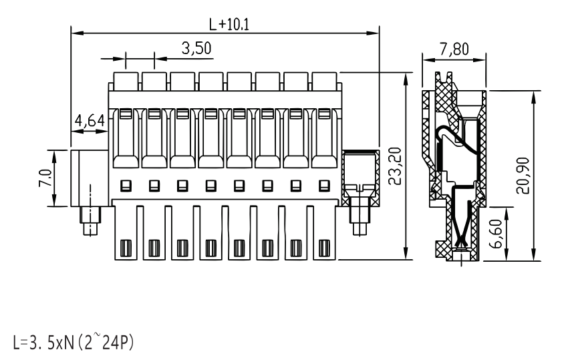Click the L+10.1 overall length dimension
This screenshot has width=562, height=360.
pyautogui.click(x=229, y=24)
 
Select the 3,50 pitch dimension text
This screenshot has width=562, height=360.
pyautogui.click(x=196, y=48)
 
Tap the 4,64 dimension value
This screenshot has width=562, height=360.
pyautogui.click(x=90, y=121)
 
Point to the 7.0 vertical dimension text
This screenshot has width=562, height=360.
pyautogui.click(x=45, y=178)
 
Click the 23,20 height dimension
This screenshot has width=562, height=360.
pyautogui.click(x=396, y=166)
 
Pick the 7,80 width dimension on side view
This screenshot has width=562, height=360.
pyautogui.click(x=454, y=49)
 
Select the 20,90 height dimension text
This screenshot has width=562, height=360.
pyautogui.click(x=523, y=176)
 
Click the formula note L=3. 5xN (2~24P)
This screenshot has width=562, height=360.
pyautogui.click(x=73, y=342)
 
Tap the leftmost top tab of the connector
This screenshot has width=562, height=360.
pyautogui.click(x=126, y=81)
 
